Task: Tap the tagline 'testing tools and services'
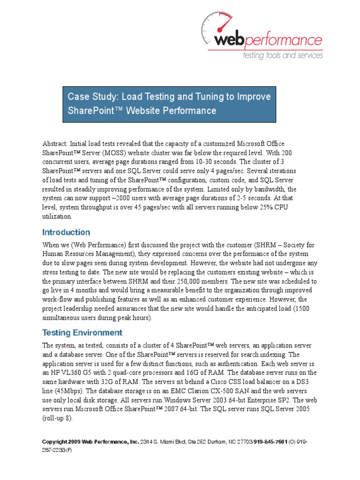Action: tap(282, 55)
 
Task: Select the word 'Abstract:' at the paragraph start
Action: tap(55, 143)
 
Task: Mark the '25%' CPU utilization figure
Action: tap(268, 208)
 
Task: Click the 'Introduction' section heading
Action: tap(66, 232)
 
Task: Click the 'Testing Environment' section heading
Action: tap(82, 333)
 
